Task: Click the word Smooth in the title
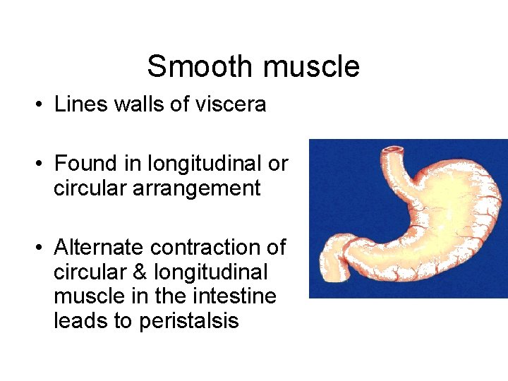[200, 67]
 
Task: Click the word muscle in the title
[309, 67]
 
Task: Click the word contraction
[205, 248]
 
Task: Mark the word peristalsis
[189, 322]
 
